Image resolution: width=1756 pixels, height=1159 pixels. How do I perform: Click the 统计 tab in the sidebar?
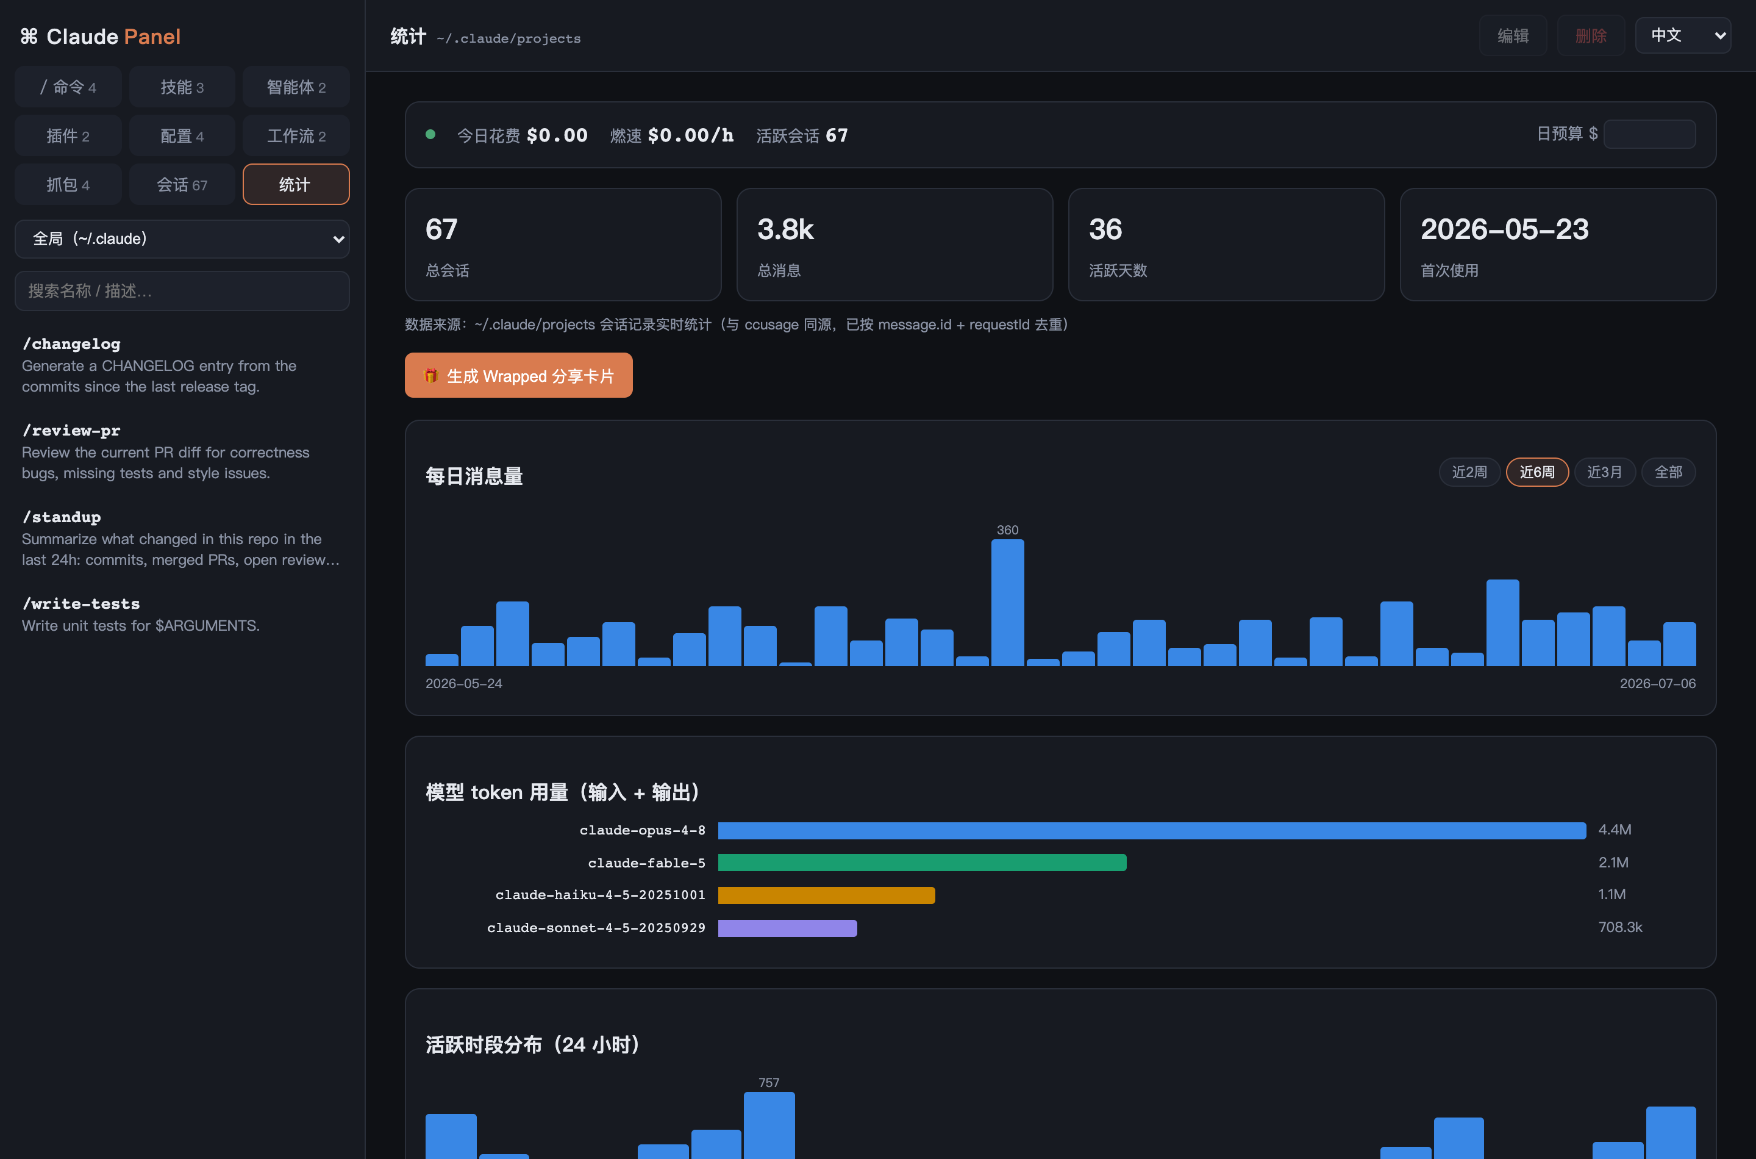[296, 184]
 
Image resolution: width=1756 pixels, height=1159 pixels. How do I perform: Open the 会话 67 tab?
[182, 184]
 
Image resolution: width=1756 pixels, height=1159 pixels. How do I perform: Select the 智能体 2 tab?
[296, 87]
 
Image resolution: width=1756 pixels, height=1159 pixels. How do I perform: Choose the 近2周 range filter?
[1469, 472]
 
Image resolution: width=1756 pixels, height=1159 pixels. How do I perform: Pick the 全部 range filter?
[1668, 472]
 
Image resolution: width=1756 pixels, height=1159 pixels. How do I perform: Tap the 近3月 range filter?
[1605, 472]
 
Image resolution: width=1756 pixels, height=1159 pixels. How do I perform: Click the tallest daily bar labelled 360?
[1007, 603]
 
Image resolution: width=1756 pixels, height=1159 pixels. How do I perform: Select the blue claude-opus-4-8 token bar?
[1152, 830]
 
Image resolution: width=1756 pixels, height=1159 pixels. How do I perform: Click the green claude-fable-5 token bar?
[922, 863]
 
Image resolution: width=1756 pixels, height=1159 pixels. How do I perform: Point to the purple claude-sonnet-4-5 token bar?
[788, 928]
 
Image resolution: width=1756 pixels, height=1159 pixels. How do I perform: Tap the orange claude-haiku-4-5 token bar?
[826, 895]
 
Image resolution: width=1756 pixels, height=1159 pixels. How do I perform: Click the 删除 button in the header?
[1591, 35]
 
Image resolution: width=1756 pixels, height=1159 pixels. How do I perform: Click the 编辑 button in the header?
[1512, 35]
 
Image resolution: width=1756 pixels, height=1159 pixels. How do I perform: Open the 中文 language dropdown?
[1682, 35]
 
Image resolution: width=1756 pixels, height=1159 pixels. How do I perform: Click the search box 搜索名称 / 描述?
[182, 290]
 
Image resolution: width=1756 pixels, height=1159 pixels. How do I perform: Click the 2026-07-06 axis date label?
[1657, 684]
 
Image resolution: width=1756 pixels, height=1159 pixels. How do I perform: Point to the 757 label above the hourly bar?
[768, 1083]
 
